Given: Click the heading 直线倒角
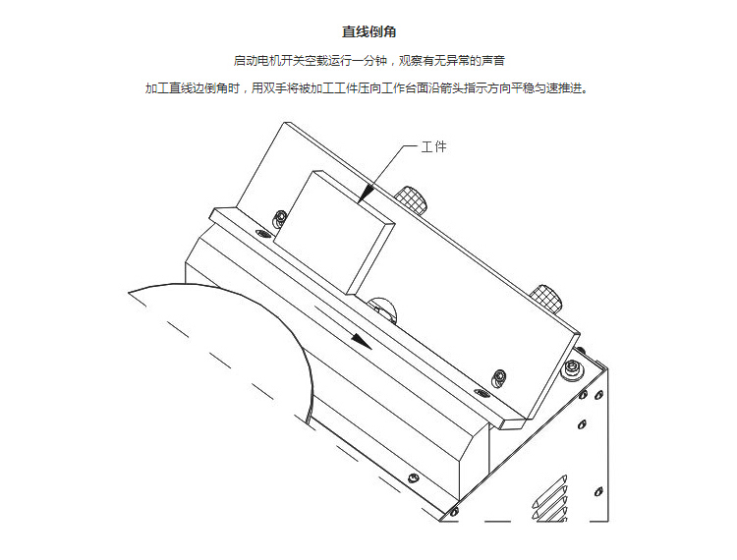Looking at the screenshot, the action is [368, 32].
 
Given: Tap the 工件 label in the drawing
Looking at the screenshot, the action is [433, 147].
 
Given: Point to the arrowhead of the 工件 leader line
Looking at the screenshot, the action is [368, 194].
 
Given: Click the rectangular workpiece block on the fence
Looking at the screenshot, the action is [333, 233].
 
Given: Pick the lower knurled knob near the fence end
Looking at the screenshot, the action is [546, 299].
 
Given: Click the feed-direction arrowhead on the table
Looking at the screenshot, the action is [362, 341].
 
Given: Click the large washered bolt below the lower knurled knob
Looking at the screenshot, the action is [572, 368].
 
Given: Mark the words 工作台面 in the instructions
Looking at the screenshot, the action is [404, 88].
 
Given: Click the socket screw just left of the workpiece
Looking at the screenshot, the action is [280, 219].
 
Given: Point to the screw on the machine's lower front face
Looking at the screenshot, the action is [413, 478].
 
